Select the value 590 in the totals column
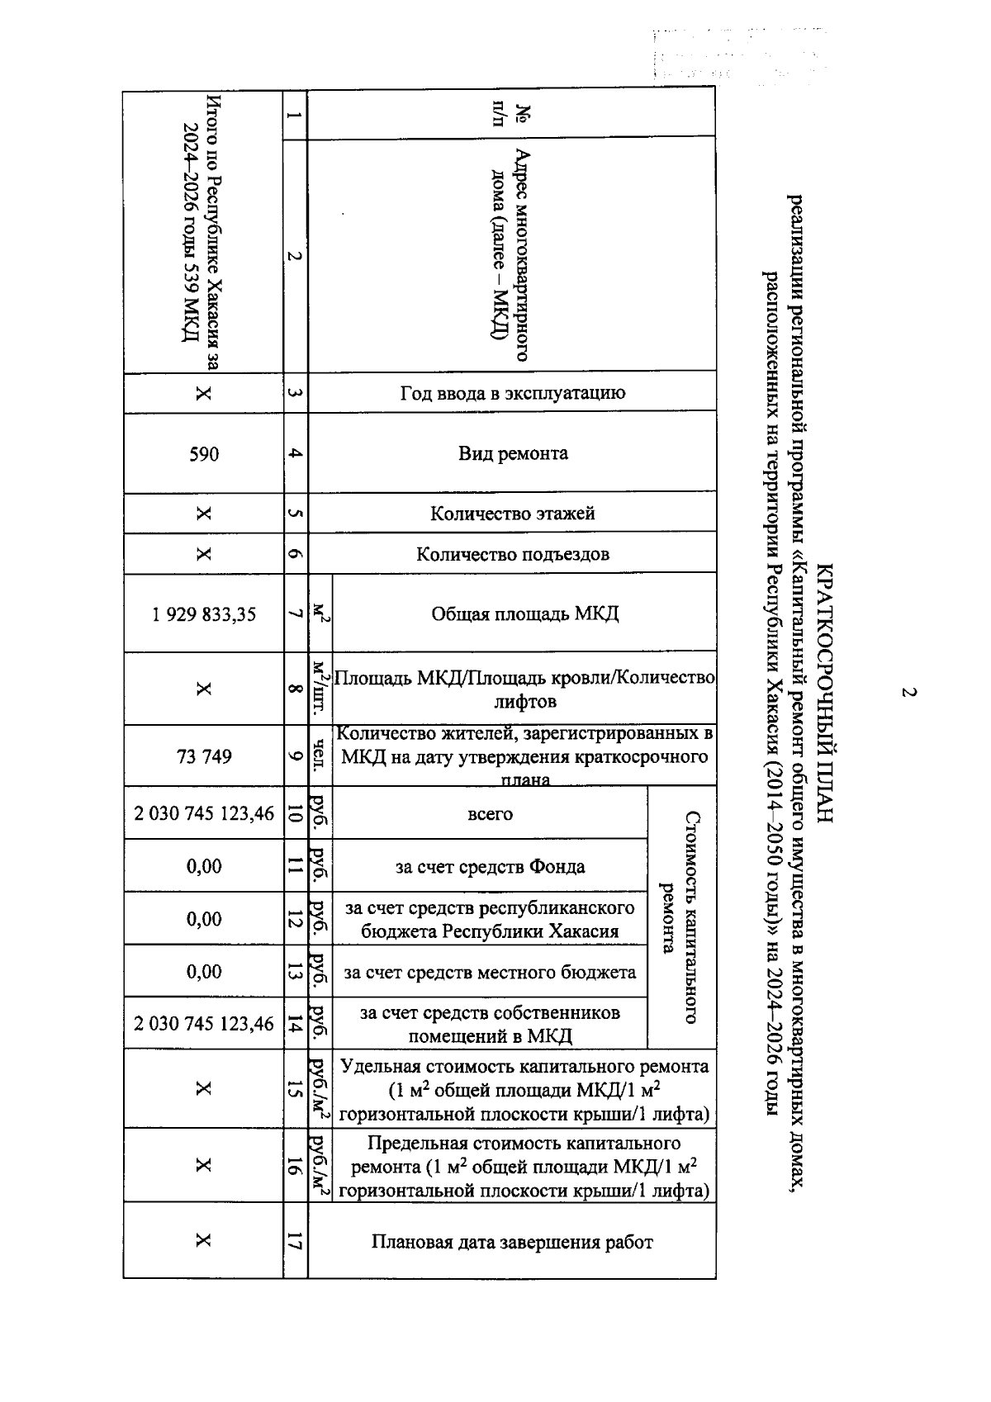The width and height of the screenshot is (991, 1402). pos(204,453)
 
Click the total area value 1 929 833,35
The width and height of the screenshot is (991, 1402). pos(204,614)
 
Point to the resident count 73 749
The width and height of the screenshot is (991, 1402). pos(204,756)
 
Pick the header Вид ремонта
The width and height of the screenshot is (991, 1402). pos(513,453)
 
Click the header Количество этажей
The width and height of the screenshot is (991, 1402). pos(513,514)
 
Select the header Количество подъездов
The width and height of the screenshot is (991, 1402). pos(513,554)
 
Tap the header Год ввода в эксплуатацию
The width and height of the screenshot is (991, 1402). pos(513,392)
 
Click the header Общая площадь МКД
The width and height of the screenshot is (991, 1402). pos(524,614)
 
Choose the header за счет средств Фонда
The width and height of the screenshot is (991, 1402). pos(491,866)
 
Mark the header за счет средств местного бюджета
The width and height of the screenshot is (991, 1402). pos(491,972)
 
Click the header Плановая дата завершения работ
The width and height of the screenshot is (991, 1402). pos(512,1242)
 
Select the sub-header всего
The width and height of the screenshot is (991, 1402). pos(491,814)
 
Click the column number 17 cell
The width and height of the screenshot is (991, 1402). pos(296,1241)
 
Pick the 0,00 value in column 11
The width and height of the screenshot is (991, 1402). pos(204,866)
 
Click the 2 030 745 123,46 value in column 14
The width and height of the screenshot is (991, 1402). pos(204,1024)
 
